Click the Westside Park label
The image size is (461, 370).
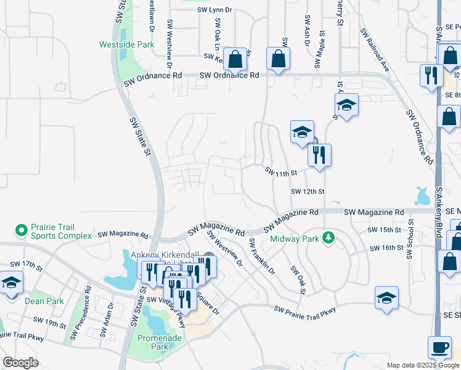point(127,45)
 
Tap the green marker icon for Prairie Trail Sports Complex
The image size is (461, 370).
point(22,231)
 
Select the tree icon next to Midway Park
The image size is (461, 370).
point(329,238)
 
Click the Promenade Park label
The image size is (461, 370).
point(153,342)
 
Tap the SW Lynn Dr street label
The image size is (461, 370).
point(215,10)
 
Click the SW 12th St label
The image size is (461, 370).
point(308,192)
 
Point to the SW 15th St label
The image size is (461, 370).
point(384,230)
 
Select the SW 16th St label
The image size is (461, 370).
point(386,248)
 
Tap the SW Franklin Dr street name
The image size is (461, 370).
point(261,257)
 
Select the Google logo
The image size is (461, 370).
point(20,363)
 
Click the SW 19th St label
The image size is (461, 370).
point(49,322)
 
